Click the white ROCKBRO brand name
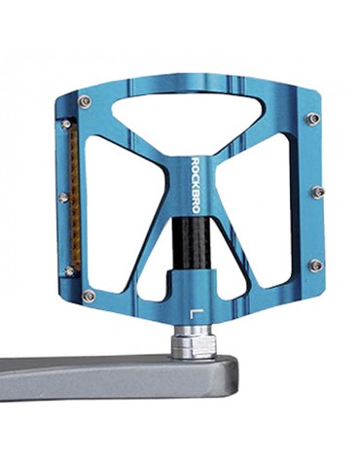pos(196,185)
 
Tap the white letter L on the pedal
pos(197,314)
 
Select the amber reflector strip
pos(75,196)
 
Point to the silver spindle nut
pos(195,342)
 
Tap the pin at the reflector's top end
pos(66,124)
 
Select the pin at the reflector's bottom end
pos(69,271)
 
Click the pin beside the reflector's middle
pos(63,197)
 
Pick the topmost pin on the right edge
pos(313,118)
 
